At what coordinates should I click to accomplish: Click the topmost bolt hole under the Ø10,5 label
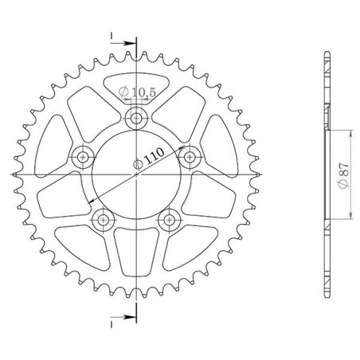click(136, 120)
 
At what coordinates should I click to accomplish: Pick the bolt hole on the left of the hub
click(83, 158)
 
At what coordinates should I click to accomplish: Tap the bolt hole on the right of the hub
click(190, 158)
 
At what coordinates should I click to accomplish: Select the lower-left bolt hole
click(103, 220)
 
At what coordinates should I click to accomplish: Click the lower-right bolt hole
click(169, 220)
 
